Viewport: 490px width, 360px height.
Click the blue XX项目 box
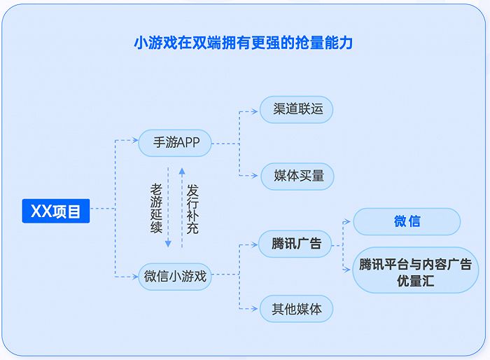pyautogui.click(x=55, y=209)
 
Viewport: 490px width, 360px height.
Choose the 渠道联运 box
pyautogui.click(x=296, y=110)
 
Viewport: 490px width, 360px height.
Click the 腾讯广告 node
pyautogui.click(x=296, y=244)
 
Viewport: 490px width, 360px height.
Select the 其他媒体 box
pyautogui.click(x=296, y=308)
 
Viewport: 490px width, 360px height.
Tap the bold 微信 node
pyautogui.click(x=407, y=221)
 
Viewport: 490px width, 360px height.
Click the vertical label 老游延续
pyautogui.click(x=156, y=208)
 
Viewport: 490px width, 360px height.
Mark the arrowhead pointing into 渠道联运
pyautogui.click(x=255, y=110)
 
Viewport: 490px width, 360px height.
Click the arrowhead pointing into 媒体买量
pyautogui.click(x=255, y=176)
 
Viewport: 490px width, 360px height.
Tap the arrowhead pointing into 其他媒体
pyautogui.click(x=255, y=308)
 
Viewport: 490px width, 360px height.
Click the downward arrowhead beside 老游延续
pyautogui.click(x=168, y=244)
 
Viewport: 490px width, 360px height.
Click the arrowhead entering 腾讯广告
pyautogui.click(x=255, y=244)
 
